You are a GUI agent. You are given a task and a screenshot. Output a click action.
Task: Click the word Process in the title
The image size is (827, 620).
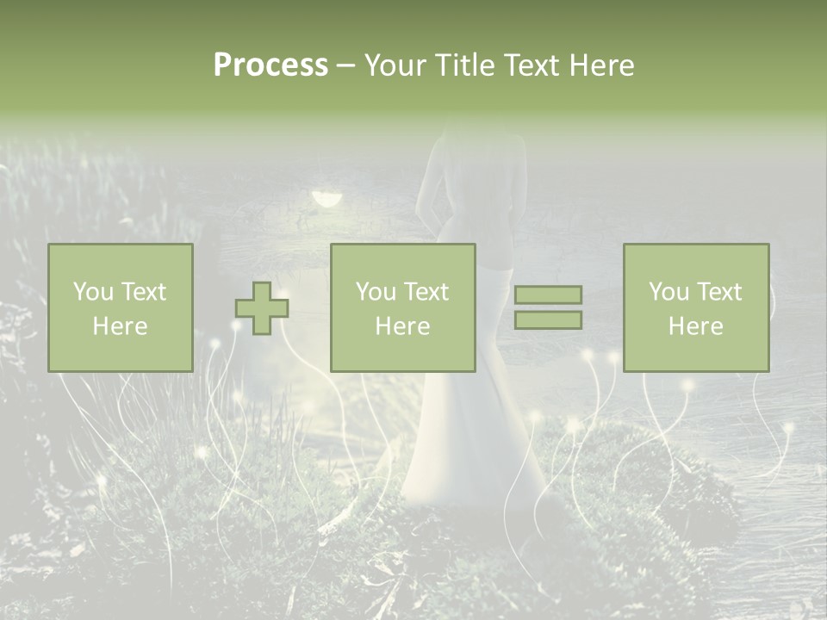pos(270,65)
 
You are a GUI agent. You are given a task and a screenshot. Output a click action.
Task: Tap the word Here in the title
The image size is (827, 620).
pos(601,65)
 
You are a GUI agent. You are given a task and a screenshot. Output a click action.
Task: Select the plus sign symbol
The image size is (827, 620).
pos(262,308)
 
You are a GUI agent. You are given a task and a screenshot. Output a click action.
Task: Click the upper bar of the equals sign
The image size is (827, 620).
pos(548,295)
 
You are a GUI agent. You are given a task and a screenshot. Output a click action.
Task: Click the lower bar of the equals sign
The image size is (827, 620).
pos(548,320)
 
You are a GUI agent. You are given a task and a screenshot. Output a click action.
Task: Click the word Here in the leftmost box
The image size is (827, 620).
pos(120,326)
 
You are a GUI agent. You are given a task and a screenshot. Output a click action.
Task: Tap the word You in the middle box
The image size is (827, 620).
pos(376,292)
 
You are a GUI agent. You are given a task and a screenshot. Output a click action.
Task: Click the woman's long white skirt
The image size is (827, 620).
pos(469,431)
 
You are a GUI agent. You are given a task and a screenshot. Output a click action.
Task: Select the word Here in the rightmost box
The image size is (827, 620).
pos(695,326)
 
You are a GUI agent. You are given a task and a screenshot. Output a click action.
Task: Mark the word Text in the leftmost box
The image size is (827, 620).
pos(144,292)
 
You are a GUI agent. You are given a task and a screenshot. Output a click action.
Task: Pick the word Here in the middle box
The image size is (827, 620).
pos(402,326)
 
